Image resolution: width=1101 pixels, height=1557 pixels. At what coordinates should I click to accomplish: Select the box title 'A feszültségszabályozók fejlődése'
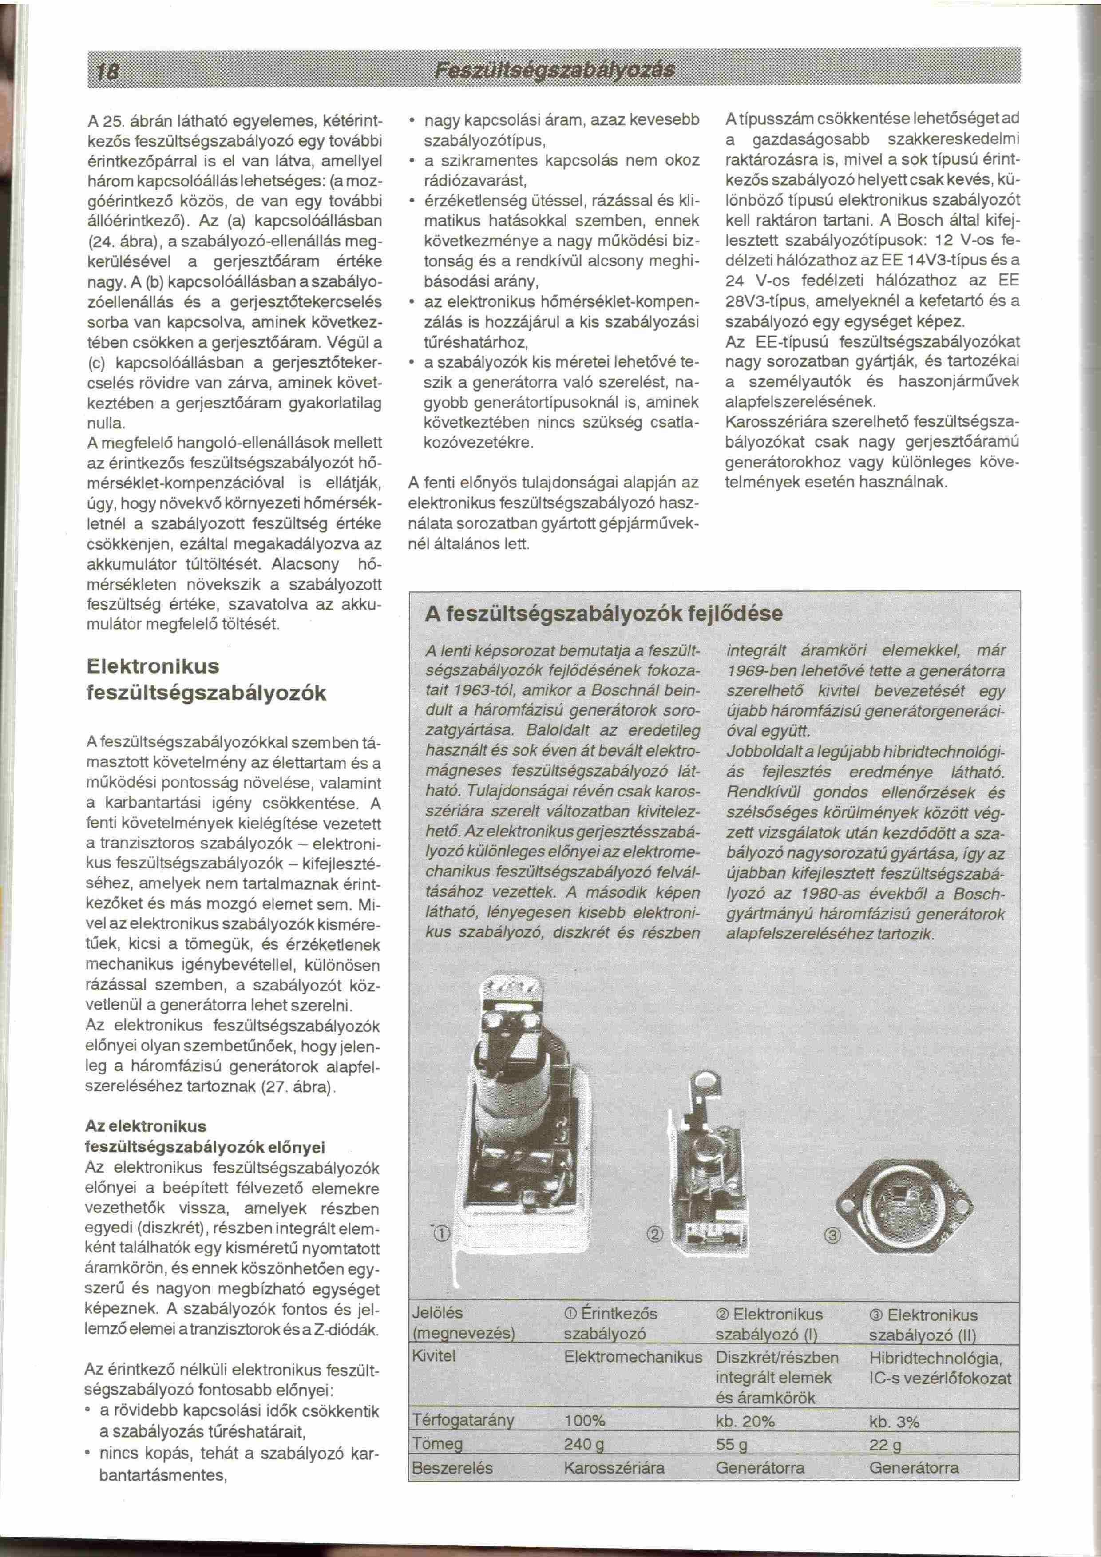click(x=603, y=614)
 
